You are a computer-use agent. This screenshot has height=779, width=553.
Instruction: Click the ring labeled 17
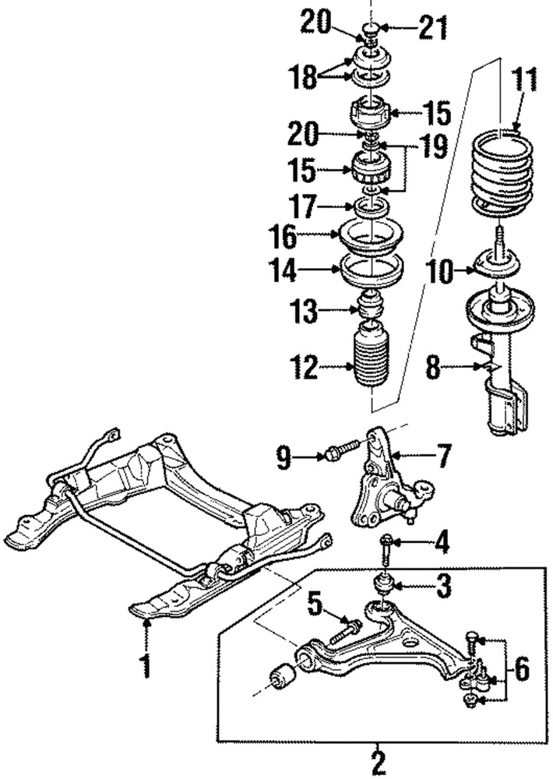373,207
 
